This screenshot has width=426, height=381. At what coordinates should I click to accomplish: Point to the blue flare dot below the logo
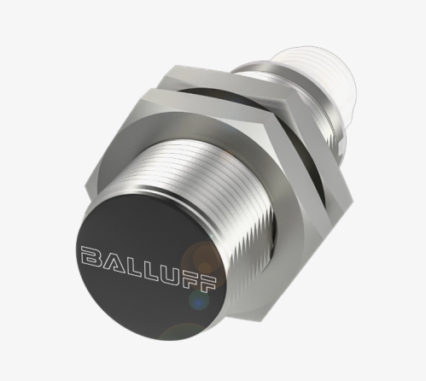tap(198, 301)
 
